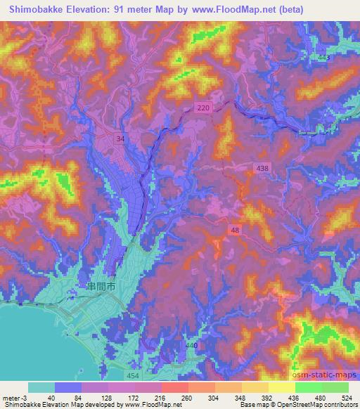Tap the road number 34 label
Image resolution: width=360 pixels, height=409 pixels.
coord(121,138)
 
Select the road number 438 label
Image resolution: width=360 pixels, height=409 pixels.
coord(262,168)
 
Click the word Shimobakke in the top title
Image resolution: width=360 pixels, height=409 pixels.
coord(32,8)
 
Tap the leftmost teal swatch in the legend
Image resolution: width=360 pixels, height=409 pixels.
coord(41,387)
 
